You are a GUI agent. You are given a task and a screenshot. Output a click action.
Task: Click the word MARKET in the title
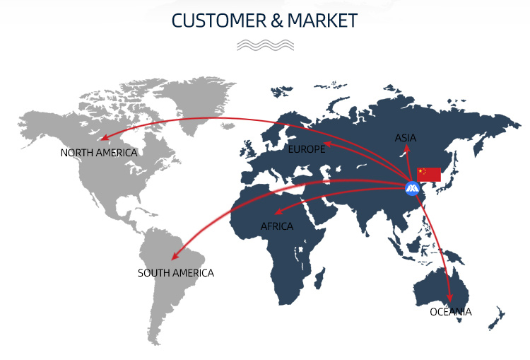click(322, 21)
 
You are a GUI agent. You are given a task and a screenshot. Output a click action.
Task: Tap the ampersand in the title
click(277, 21)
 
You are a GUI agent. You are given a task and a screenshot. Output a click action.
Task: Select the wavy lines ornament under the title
click(265, 45)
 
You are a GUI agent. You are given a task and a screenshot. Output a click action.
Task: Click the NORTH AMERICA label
click(99, 153)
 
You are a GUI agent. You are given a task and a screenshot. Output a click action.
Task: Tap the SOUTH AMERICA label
click(175, 273)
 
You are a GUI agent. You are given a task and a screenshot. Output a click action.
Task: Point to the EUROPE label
click(307, 149)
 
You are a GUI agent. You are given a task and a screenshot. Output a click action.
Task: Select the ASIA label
click(406, 138)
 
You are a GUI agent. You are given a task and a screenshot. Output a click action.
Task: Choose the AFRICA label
click(276, 226)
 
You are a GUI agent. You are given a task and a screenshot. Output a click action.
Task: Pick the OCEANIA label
click(451, 312)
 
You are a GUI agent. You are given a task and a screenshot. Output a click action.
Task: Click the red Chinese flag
click(429, 175)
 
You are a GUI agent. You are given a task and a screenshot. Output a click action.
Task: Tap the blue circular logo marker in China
click(412, 188)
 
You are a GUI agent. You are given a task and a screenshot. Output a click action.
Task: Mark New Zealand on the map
click(497, 318)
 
